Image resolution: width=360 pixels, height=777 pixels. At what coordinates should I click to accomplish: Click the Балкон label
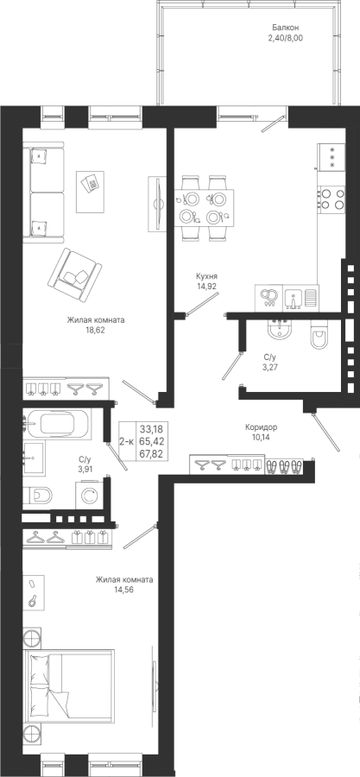pos(285,28)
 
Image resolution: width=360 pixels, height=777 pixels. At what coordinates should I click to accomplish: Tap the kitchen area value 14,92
pos(206,286)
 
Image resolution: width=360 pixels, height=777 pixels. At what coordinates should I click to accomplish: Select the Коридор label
pos(261,426)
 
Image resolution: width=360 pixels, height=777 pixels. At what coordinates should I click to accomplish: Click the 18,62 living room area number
pos(96,329)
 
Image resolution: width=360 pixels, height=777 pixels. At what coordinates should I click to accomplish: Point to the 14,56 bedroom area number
pos(124,589)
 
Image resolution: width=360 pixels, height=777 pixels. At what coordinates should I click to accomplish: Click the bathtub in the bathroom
pos(57,424)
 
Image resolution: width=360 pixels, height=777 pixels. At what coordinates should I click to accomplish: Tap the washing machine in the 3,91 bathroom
pos(90,495)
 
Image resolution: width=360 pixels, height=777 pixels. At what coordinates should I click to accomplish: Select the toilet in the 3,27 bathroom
pos(318,337)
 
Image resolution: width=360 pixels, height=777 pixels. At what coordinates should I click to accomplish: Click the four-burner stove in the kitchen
pos(331,199)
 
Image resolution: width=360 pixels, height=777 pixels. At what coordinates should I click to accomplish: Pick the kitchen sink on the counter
pos(294,299)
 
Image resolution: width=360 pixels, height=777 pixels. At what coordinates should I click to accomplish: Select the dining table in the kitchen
pos(204,207)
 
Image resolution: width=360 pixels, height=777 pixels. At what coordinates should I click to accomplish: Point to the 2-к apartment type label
pos(126,440)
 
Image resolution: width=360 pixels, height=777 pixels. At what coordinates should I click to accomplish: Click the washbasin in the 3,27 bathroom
pos(281,330)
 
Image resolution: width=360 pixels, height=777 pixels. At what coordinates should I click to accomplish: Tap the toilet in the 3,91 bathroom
pos(38,495)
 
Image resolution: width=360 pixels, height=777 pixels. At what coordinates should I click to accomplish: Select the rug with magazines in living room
pos(90,192)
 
